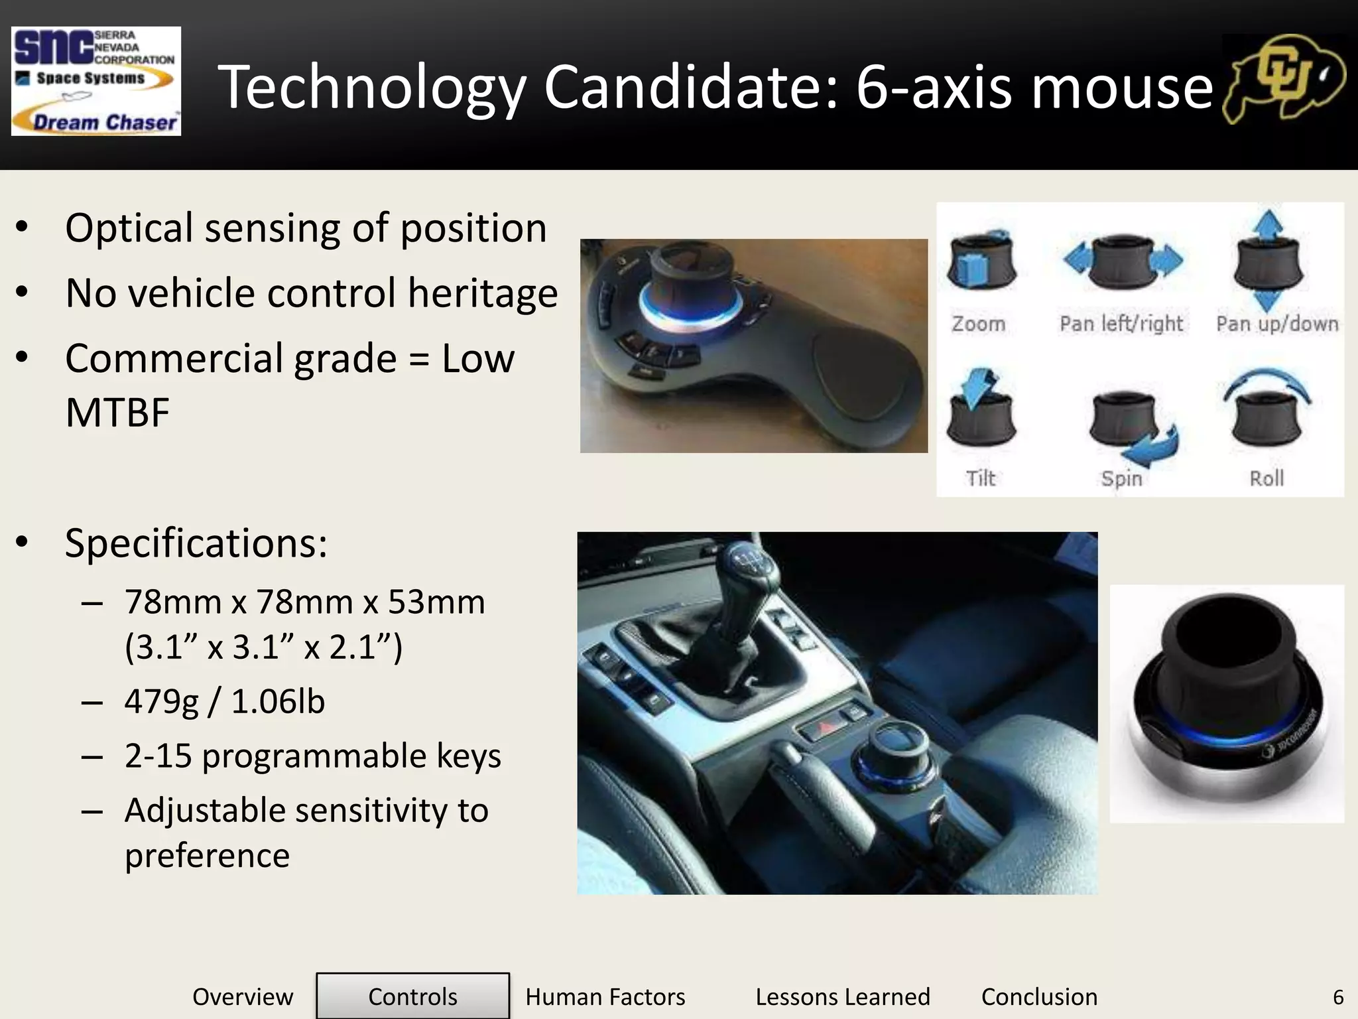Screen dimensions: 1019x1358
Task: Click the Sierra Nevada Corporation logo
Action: (x=96, y=81)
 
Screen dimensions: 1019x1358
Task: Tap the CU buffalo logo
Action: (x=1284, y=80)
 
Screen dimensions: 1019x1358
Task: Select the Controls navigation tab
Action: (x=412, y=996)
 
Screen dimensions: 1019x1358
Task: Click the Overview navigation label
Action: (x=243, y=996)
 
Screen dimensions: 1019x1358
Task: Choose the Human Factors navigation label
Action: (x=605, y=996)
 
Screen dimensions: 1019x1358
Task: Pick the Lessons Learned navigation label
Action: (x=843, y=996)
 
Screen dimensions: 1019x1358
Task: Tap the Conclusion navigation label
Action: (x=1039, y=996)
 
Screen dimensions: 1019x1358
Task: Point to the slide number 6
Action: (x=1338, y=996)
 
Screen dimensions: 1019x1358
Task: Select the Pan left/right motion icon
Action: (x=1123, y=261)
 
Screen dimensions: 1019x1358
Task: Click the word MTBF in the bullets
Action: (x=117, y=413)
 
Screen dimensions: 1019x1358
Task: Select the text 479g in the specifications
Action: (x=161, y=702)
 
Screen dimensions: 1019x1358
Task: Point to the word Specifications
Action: (x=196, y=543)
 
